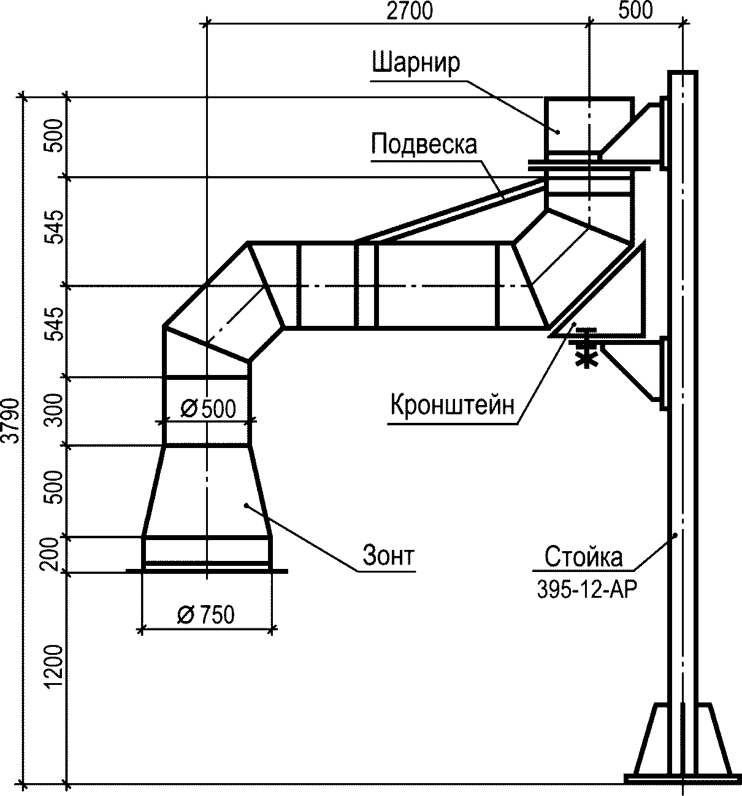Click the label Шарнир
point(416,63)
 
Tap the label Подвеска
point(424,144)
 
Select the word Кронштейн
point(452,405)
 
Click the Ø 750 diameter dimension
point(205,614)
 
